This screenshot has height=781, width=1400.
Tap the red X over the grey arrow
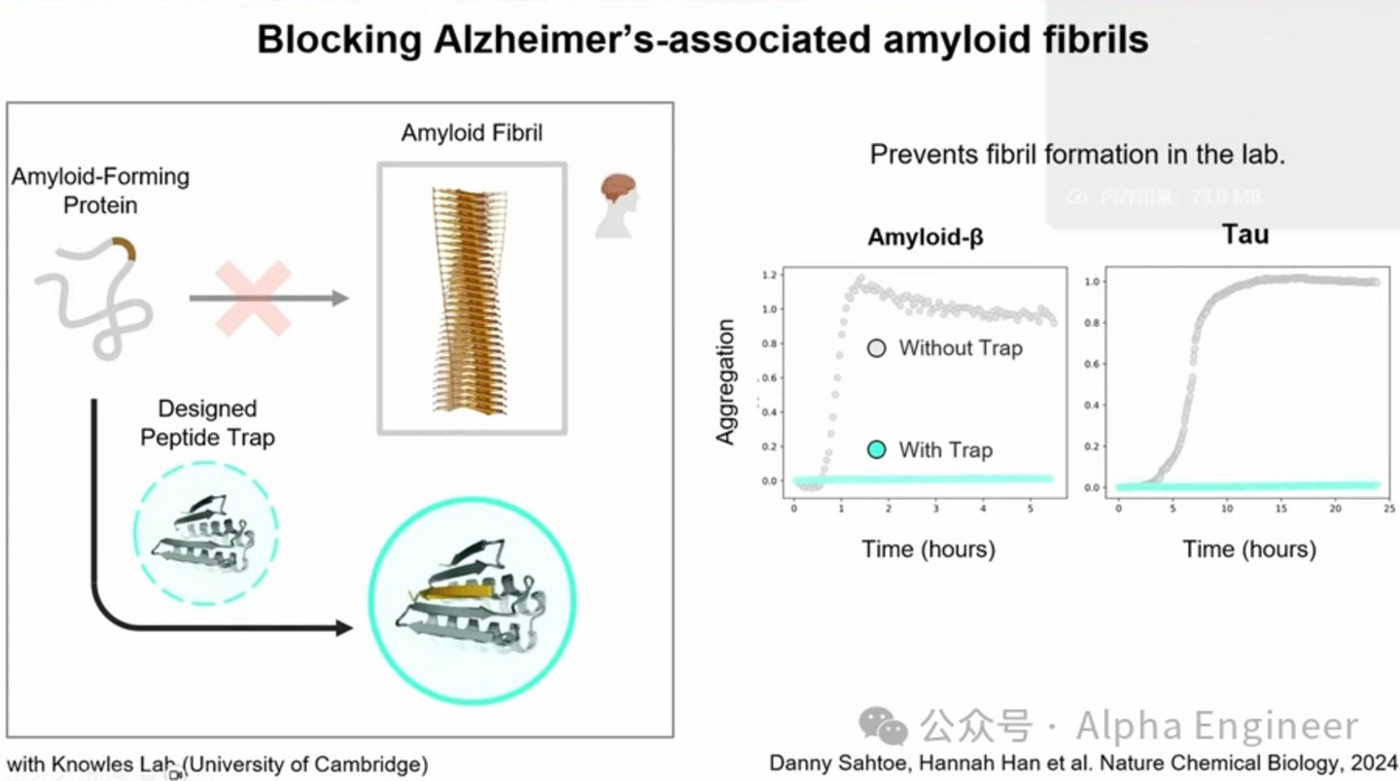[254, 298]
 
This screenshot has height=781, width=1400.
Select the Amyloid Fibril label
[472, 132]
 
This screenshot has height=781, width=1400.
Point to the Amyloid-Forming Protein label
[100, 191]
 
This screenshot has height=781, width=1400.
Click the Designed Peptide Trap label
[207, 423]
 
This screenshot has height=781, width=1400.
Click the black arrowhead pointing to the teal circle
[342, 628]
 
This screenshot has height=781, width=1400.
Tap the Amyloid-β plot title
[925, 237]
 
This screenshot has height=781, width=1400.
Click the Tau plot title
[1245, 234]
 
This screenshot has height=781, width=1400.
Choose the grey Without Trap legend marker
[877, 347]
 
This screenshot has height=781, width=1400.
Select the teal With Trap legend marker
[877, 449]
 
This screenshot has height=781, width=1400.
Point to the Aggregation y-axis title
[725, 382]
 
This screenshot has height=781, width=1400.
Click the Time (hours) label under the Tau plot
[1249, 550]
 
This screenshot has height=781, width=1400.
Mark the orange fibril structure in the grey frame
[472, 299]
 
